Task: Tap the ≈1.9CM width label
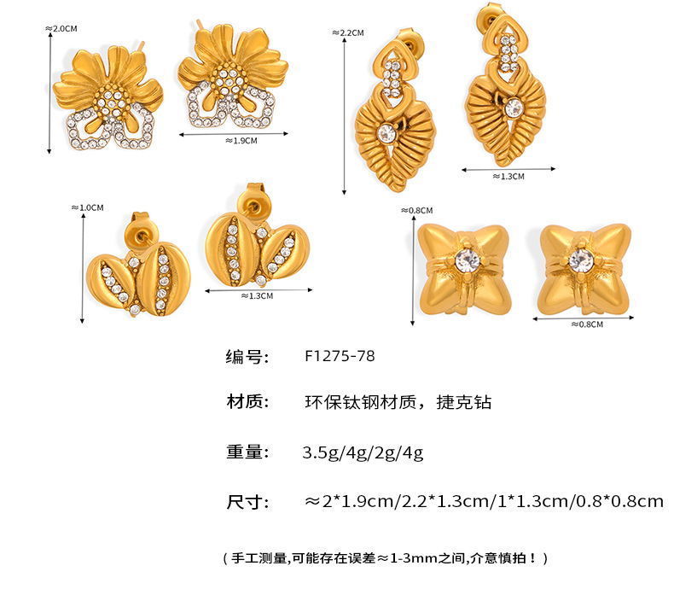pos(241,141)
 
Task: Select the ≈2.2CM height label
pos(348,32)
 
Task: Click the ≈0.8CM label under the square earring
pos(586,324)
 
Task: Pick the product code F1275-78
pos(339,357)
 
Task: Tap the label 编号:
pos(247,357)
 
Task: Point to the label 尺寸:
pos(247,501)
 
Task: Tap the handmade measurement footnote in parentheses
pos(384,558)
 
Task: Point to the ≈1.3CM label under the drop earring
pos(508,177)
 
